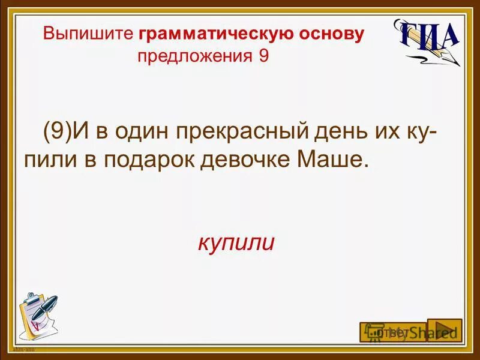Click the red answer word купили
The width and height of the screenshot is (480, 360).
(236, 243)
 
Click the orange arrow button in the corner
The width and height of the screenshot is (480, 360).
(445, 330)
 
